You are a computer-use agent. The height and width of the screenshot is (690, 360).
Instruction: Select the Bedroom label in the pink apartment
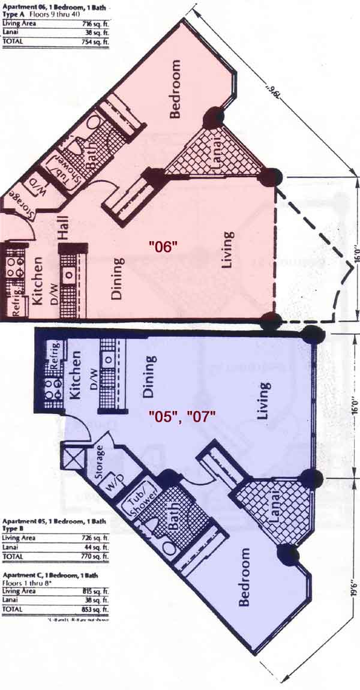[175, 90]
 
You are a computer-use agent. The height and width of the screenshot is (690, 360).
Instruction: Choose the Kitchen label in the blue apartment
[76, 377]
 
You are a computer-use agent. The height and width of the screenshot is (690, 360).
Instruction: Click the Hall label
[64, 229]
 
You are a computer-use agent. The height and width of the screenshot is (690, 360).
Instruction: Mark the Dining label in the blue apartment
[148, 377]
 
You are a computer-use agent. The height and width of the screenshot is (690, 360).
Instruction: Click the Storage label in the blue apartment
[100, 461]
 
